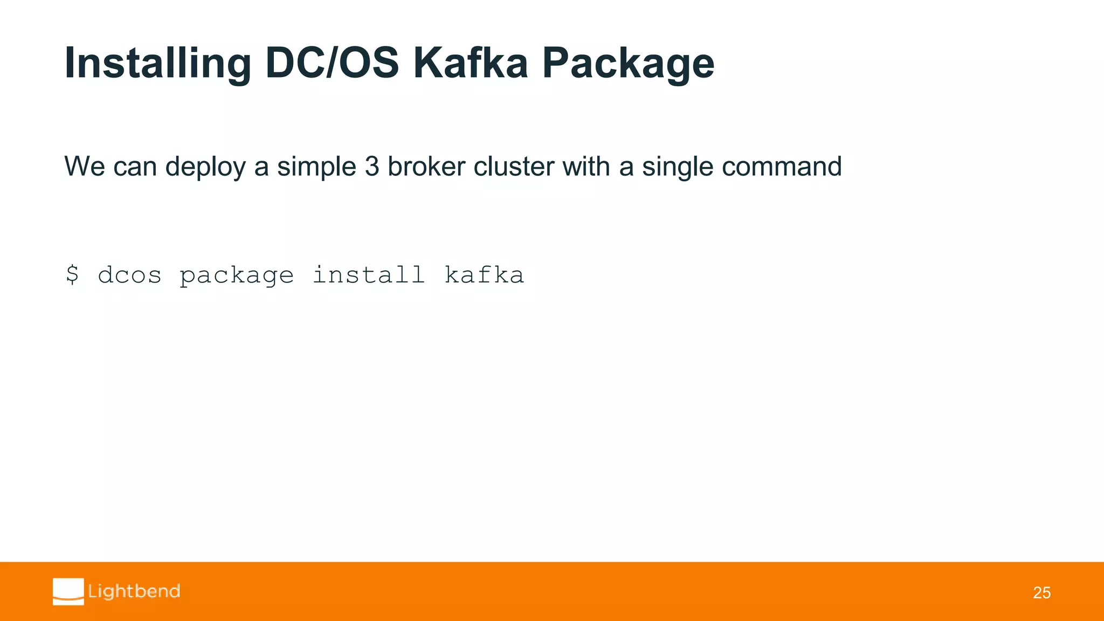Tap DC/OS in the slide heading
[332, 63]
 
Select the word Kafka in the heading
[470, 63]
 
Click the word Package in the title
[628, 64]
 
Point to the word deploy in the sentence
[205, 167]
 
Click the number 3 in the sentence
[372, 166]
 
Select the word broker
[426, 166]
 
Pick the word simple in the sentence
[316, 167]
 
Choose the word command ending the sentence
[782, 166]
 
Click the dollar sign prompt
[72, 275]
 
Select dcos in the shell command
[129, 275]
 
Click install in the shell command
[369, 274]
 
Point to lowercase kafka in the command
[484, 274]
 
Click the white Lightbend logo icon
[68, 591]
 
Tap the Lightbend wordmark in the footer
[134, 591]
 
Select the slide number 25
[1041, 593]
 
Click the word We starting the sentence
[85, 166]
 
